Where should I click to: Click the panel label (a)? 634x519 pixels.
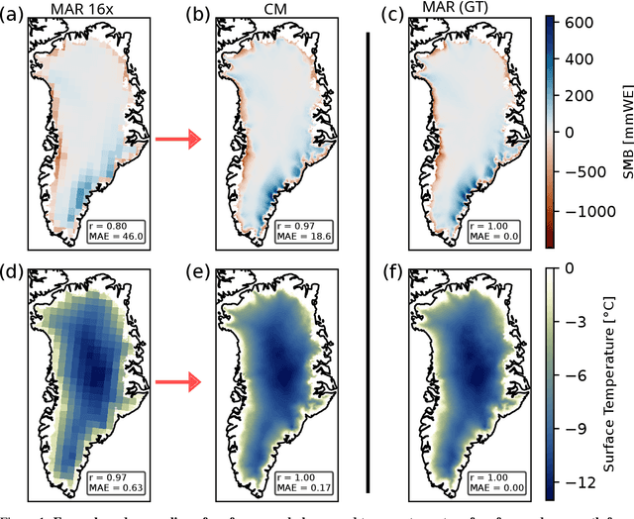point(14,12)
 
